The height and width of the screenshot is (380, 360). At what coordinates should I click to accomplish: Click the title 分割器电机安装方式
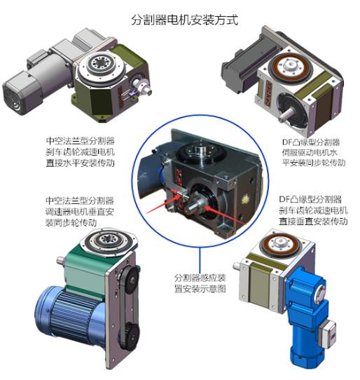(x=184, y=20)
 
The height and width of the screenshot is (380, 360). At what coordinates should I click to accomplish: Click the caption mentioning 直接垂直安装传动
(x=312, y=210)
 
